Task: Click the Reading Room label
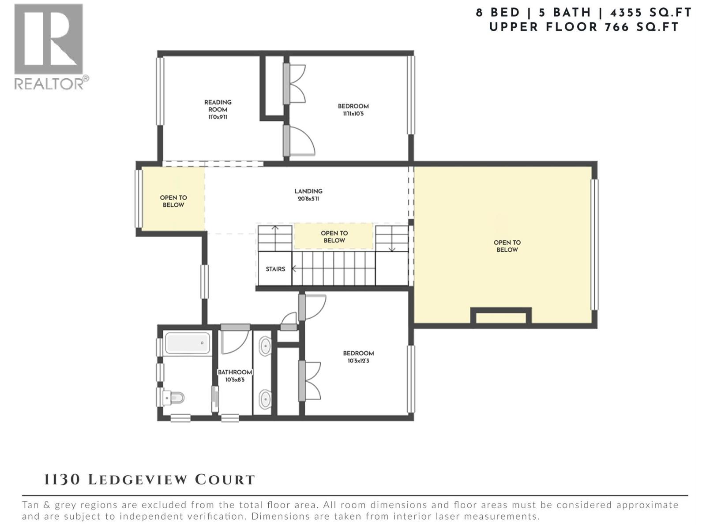tap(218, 106)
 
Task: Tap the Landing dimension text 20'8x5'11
tap(308, 199)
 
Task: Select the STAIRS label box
tap(275, 269)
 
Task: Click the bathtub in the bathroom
tap(187, 343)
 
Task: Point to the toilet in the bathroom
tap(173, 398)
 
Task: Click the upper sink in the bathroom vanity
tap(265, 346)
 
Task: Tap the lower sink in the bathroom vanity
tap(265, 399)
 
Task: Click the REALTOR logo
tap(49, 46)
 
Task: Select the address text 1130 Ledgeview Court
tap(150, 480)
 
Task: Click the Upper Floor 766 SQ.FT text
tap(584, 27)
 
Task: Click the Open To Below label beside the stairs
tap(334, 237)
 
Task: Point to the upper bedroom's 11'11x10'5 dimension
tap(353, 114)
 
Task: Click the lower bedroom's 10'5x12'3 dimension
tap(358, 361)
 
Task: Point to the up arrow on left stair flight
tap(275, 228)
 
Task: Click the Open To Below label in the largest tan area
tap(507, 246)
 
